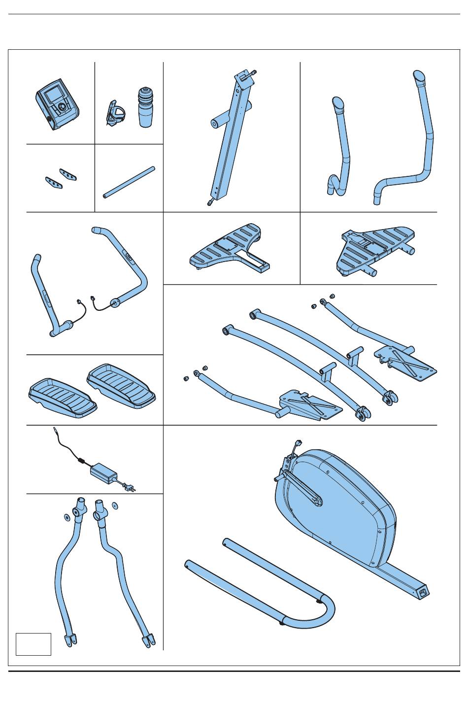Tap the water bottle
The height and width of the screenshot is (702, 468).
(x=145, y=108)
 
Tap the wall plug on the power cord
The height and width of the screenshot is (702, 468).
(x=129, y=488)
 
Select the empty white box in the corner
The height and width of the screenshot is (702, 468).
(x=33, y=644)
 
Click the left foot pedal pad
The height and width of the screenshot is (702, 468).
(x=62, y=398)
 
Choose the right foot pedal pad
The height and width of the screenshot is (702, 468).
(x=121, y=384)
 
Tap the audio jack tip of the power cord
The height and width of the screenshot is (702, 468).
(x=54, y=431)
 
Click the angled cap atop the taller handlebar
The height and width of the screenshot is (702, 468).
(x=419, y=77)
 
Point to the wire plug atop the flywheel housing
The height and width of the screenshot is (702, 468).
(x=298, y=443)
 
